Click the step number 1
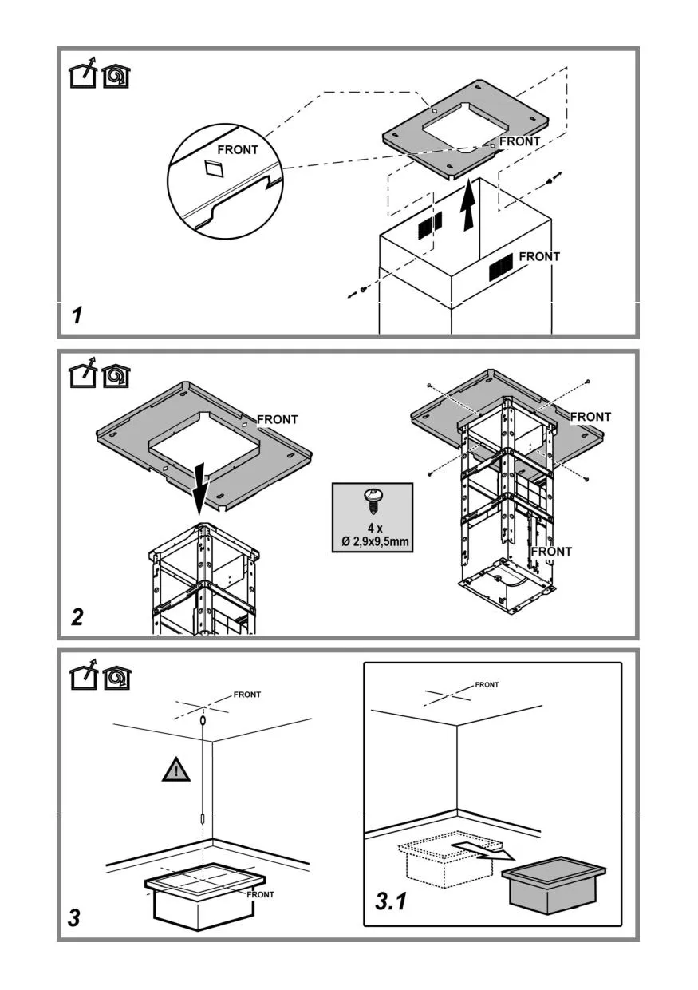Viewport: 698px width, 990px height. click(x=77, y=315)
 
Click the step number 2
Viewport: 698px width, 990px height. click(x=77, y=616)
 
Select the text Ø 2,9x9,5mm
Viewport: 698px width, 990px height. click(x=372, y=543)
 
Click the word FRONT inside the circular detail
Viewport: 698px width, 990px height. click(x=239, y=150)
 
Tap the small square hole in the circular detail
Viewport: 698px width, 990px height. click(x=214, y=168)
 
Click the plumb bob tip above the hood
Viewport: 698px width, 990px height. click(x=203, y=819)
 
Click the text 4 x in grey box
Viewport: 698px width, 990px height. click(x=372, y=529)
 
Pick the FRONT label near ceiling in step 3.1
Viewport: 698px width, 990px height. click(x=487, y=684)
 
